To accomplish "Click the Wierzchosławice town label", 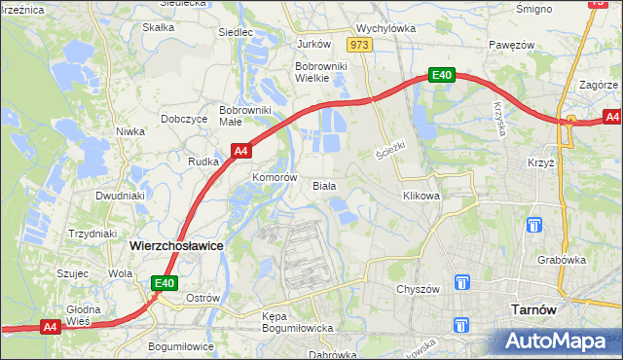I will pos(176,246).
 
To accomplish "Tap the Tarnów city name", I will pos(532,309).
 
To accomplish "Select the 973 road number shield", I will pos(359,45).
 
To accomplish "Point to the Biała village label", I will pos(324,185).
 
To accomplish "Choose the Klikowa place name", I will pos(421,196).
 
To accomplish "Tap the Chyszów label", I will pos(420,289).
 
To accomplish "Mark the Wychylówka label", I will pos(385,29).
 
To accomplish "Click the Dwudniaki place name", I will pos(120,195).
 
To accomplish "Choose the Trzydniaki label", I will pos(93,234).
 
